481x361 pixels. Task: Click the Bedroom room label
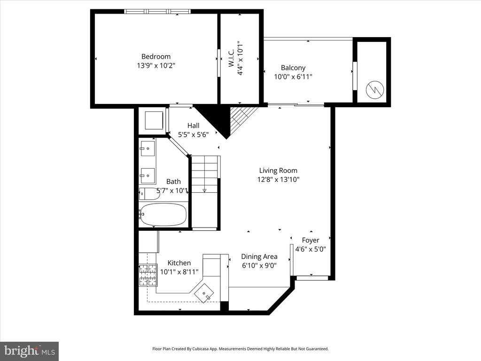coord(156,56)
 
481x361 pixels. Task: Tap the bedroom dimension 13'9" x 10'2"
coord(156,66)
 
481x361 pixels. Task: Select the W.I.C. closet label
coord(232,60)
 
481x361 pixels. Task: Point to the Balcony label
coord(293,68)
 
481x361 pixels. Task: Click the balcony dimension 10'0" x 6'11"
coord(293,77)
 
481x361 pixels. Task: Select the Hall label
coord(193,126)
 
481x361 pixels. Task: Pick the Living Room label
coord(278,171)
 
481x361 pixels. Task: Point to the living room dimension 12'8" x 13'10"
coord(278,180)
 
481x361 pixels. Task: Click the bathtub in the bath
coord(163,214)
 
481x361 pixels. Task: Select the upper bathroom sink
coord(147,148)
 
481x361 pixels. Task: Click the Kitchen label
coord(179,263)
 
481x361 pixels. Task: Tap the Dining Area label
coord(259,257)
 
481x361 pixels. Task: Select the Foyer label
coord(310,240)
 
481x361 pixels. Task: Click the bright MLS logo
coord(29,351)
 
